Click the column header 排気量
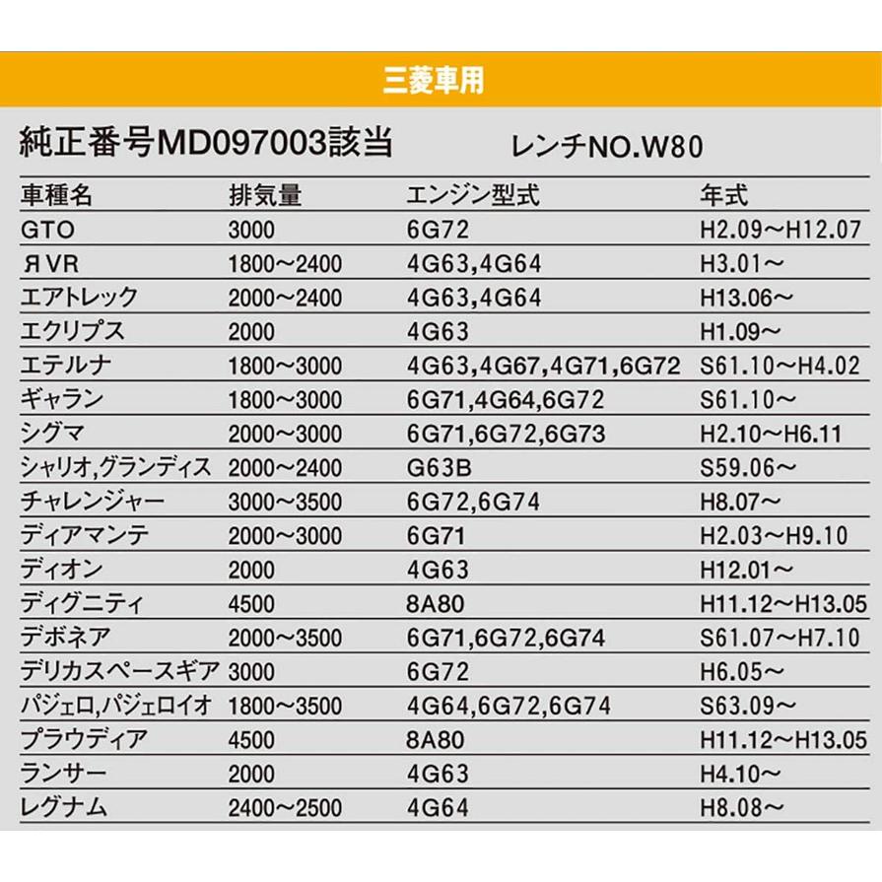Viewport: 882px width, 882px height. [264, 194]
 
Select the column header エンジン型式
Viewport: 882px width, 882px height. [474, 194]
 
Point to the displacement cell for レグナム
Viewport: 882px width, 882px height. [284, 807]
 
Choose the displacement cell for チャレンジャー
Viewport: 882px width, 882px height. [284, 501]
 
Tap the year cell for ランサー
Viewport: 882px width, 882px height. [741, 774]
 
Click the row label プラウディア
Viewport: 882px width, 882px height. [80, 739]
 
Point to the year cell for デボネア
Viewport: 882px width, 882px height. [778, 637]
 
